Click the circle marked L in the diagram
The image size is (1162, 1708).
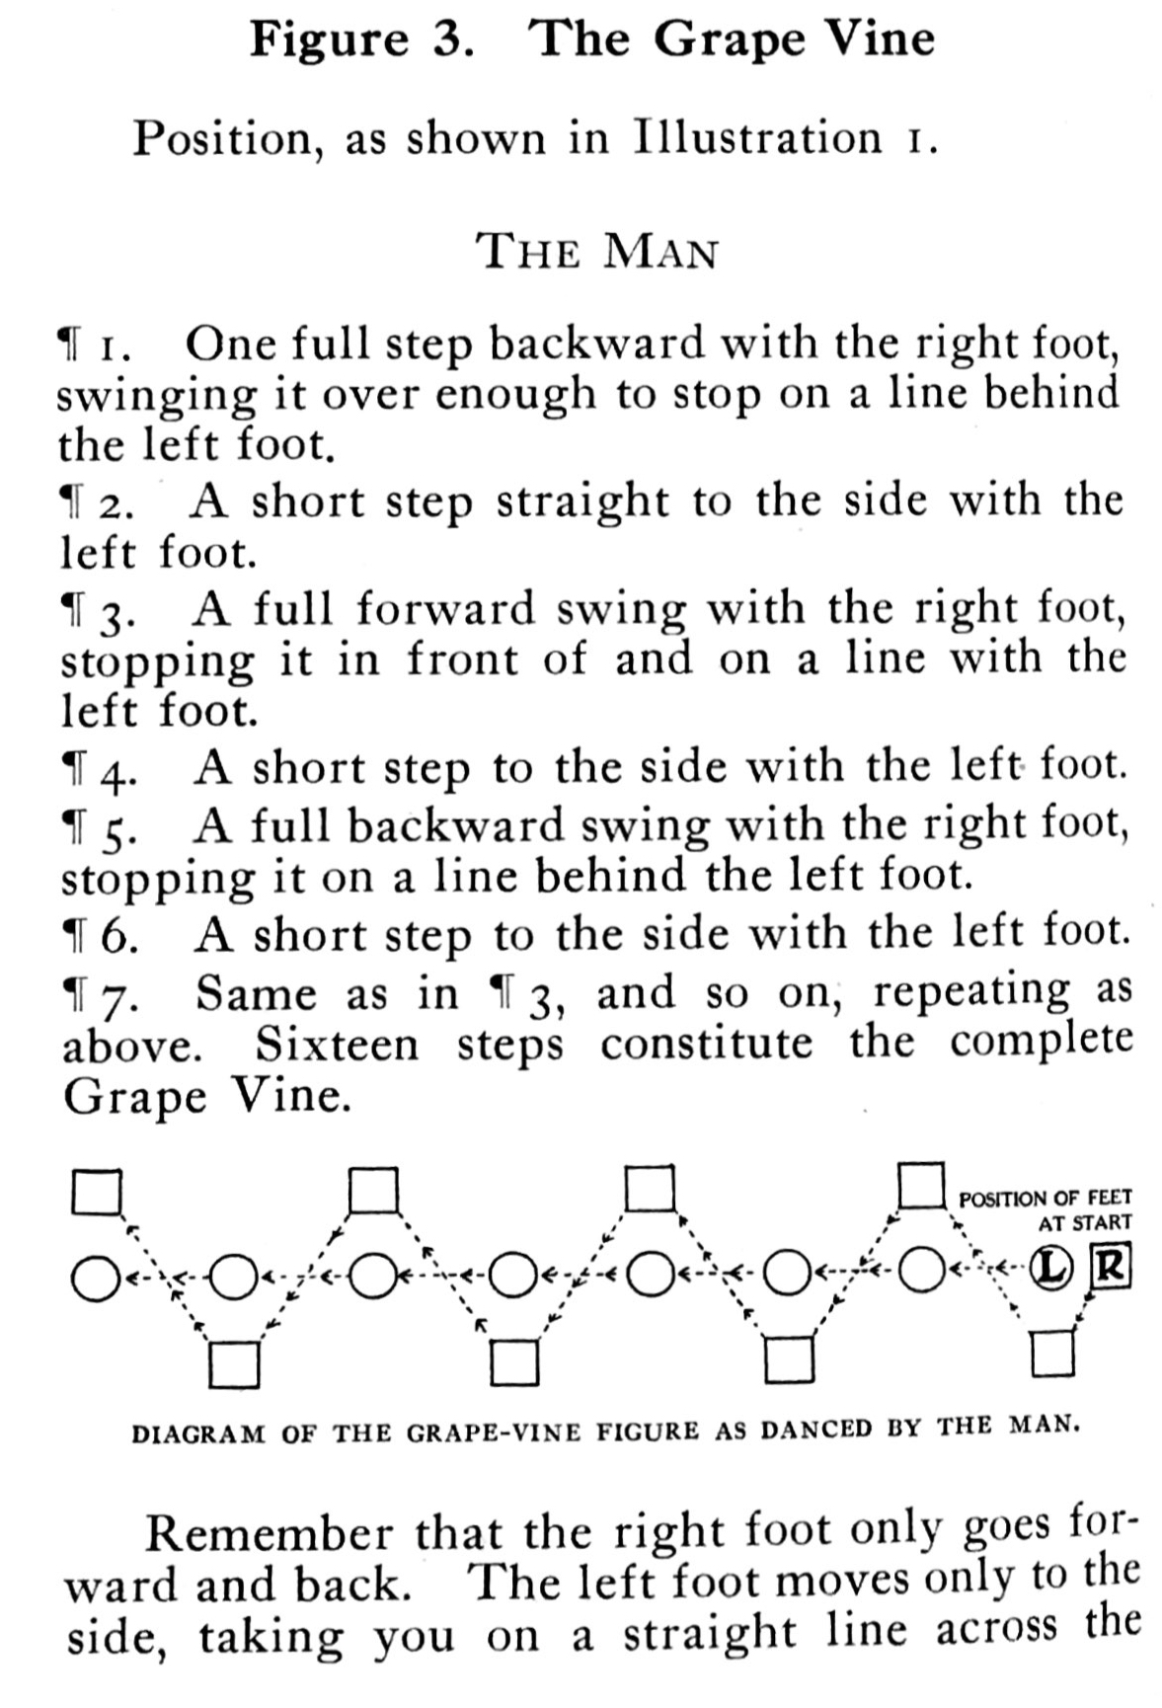point(1053,1269)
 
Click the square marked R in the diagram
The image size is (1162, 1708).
point(1110,1269)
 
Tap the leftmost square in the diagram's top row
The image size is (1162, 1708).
point(97,1192)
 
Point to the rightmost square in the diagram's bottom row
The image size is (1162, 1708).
point(1052,1354)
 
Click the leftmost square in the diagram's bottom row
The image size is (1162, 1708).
point(235,1364)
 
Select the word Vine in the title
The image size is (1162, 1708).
point(875,39)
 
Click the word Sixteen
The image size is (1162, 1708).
point(338,1045)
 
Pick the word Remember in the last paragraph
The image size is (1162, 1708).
point(268,1534)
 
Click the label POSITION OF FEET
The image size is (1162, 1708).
point(1046,1198)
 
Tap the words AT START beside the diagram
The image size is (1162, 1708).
point(1085,1222)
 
